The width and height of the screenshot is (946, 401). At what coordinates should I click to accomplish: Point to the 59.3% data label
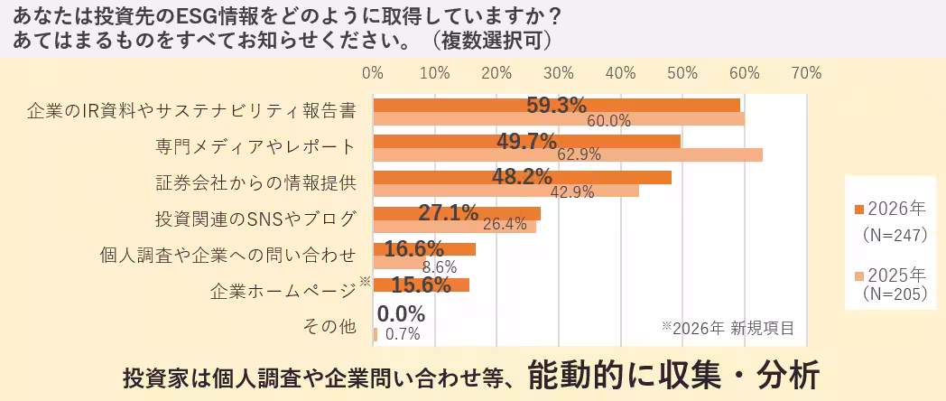(x=556, y=105)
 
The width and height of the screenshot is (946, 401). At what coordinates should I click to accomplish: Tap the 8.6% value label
(x=440, y=266)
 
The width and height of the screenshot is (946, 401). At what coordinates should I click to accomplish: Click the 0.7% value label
(x=403, y=334)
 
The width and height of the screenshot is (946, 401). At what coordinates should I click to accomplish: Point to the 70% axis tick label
(x=806, y=72)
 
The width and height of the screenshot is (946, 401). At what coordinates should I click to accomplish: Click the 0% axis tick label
(x=373, y=72)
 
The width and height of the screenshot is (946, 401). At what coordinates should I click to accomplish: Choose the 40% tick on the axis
(x=620, y=72)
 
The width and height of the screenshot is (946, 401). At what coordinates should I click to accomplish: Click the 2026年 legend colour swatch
(x=859, y=210)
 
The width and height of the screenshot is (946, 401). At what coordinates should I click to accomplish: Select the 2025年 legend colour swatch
(x=859, y=275)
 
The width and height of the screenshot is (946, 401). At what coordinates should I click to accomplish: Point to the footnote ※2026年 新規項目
(x=728, y=327)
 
